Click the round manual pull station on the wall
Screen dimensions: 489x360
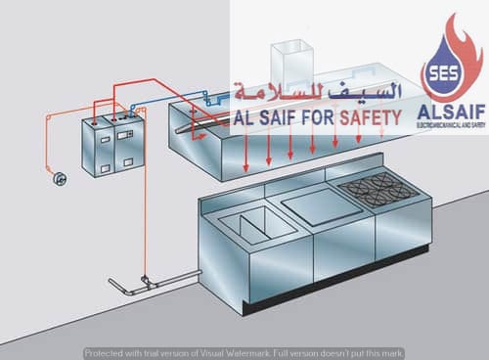pyautogui.click(x=58, y=178)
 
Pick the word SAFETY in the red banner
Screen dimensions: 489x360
pyautogui.click(x=367, y=118)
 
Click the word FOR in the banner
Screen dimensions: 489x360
pyautogui.click(x=312, y=118)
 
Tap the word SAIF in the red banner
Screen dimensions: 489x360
pyautogui.click(x=269, y=118)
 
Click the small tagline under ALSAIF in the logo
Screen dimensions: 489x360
pyautogui.click(x=451, y=126)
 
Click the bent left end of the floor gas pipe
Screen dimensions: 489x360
pyautogui.click(x=111, y=287)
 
